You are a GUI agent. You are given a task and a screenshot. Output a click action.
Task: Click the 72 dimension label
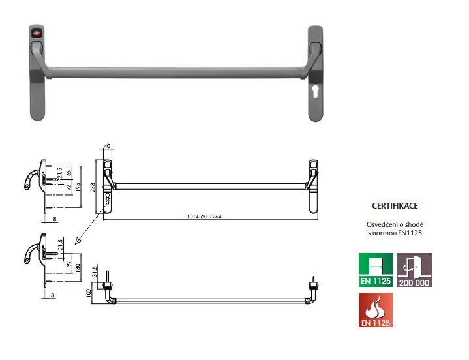pyautogui.click(x=68, y=188)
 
